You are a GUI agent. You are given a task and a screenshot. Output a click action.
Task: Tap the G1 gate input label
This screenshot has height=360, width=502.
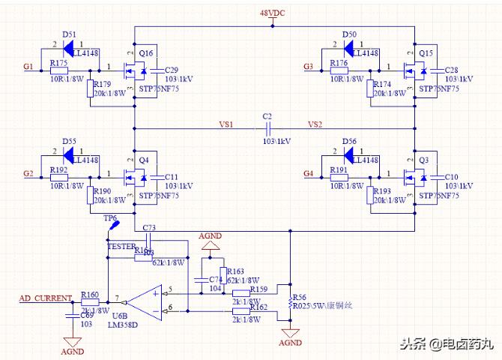(x=28, y=67)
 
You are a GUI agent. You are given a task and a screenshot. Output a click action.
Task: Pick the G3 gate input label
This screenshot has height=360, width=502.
(x=308, y=67)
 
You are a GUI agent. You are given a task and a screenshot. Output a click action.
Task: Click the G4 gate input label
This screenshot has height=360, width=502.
(x=308, y=174)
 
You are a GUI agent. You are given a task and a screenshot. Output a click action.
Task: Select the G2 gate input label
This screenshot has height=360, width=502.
(x=28, y=174)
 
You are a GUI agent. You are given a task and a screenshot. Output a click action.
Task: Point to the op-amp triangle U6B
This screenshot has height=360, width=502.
(x=144, y=301)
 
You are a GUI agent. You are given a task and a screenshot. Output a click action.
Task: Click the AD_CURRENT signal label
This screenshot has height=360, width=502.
(x=45, y=298)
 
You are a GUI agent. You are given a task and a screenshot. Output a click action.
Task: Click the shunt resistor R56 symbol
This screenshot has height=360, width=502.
(x=290, y=303)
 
